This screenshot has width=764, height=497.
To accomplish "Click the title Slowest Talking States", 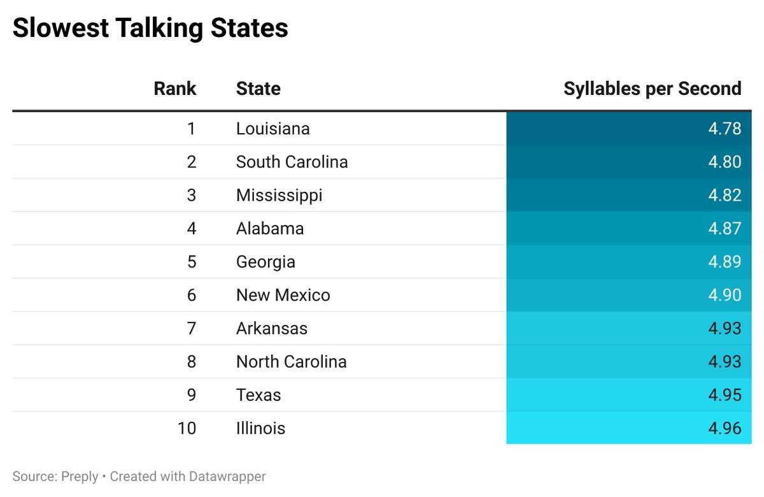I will (x=150, y=29).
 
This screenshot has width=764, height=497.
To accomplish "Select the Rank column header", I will (x=175, y=89).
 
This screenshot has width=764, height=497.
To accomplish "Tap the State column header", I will (x=258, y=89).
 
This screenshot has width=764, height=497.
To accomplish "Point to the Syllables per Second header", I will (x=652, y=89).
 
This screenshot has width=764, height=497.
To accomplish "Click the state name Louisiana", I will (x=272, y=129).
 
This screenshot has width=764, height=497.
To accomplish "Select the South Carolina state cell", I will (x=292, y=162).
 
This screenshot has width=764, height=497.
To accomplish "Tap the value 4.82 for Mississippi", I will (x=725, y=195).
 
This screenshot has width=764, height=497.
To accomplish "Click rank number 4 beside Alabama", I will (x=192, y=228).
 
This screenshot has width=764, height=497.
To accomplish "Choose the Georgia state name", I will (x=265, y=262).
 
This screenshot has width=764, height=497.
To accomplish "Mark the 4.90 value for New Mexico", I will (x=725, y=295).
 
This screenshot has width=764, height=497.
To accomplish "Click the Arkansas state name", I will (x=271, y=328).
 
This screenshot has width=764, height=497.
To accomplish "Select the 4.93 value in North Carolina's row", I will (x=725, y=361).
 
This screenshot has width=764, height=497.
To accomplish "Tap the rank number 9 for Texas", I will (x=192, y=395).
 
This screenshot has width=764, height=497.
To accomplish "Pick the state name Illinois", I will (x=260, y=428).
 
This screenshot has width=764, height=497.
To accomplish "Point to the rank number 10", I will (x=187, y=428).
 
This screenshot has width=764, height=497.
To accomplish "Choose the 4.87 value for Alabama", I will (x=725, y=228).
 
